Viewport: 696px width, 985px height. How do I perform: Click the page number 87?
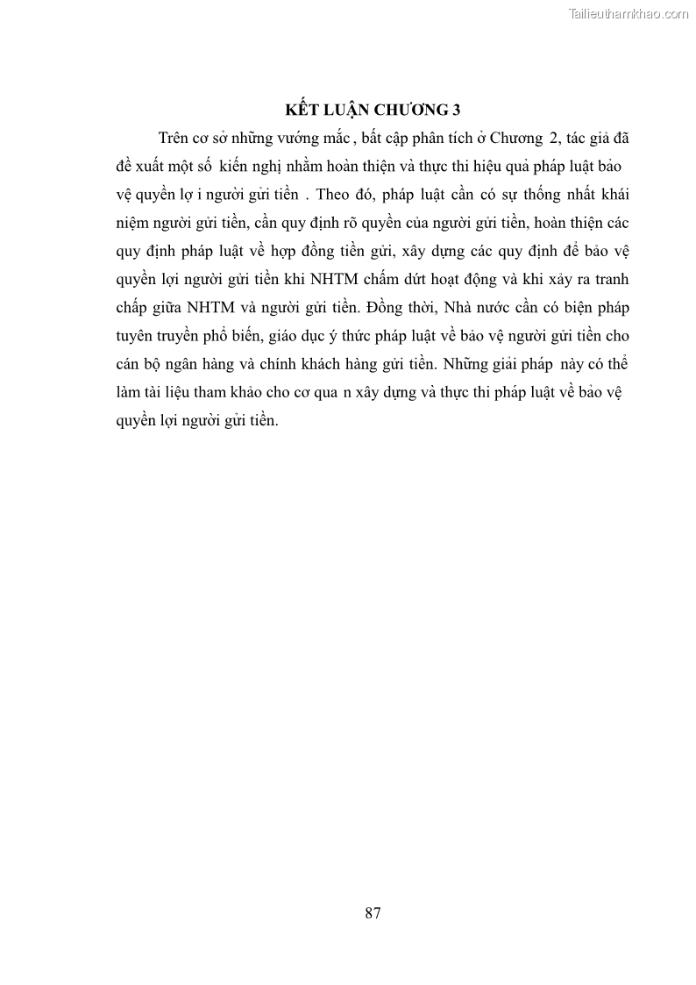(x=373, y=912)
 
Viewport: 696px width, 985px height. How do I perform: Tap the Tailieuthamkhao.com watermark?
(x=629, y=13)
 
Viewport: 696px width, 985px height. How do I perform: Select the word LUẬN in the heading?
(x=346, y=110)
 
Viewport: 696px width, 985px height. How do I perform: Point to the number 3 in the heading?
(x=455, y=110)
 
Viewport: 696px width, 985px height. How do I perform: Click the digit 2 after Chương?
(x=553, y=138)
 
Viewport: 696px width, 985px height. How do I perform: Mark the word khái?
(x=612, y=194)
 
